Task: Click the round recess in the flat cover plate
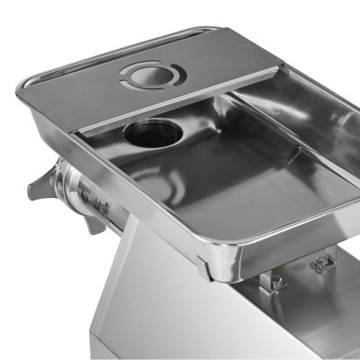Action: pyautogui.click(x=153, y=75)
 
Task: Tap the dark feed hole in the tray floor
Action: pyautogui.click(x=152, y=133)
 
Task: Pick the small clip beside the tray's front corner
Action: pyautogui.click(x=202, y=266)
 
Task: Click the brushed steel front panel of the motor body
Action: pyautogui.click(x=162, y=306)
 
